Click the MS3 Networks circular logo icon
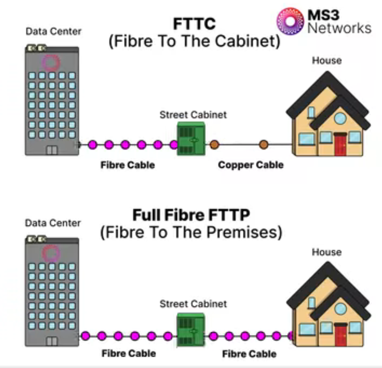(290, 21)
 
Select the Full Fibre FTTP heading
(191, 216)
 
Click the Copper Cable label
(250, 165)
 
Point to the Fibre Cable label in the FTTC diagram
(127, 165)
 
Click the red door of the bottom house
(341, 335)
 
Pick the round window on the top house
(340, 118)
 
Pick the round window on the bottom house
(340, 309)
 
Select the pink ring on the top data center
(50, 63)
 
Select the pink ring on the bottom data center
(51, 254)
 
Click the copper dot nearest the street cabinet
(214, 144)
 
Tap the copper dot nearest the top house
(264, 144)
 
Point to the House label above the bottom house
(327, 252)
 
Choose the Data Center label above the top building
(53, 31)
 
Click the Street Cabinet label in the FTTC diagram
(193, 115)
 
